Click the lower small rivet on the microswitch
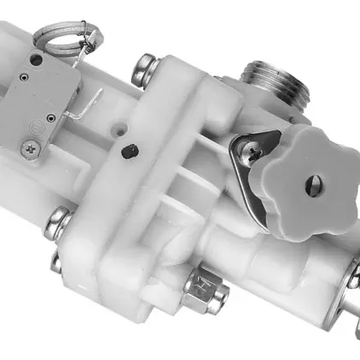(x=53, y=115)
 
